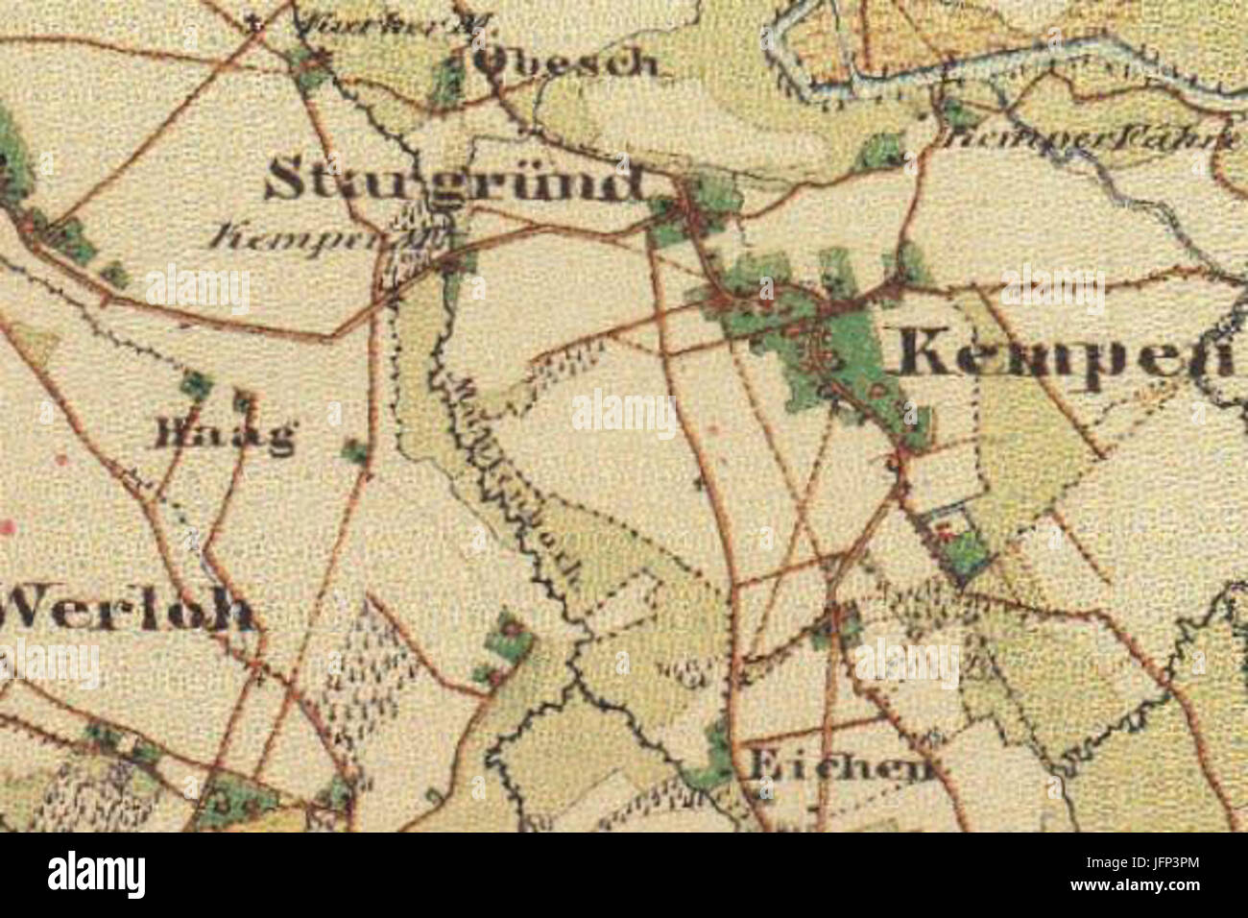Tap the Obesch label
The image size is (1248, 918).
pos(567,63)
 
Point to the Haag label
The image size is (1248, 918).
pos(222,438)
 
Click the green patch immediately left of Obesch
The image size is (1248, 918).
pos(447,79)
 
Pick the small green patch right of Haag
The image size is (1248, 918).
pos(355,448)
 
